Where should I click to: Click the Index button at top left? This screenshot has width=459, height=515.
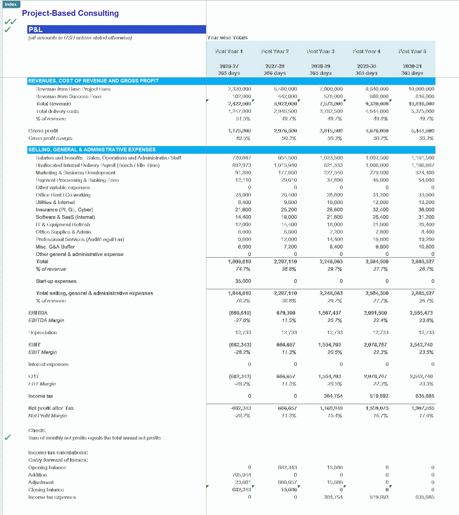click(11, 4)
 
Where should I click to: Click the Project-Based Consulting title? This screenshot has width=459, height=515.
click(70, 13)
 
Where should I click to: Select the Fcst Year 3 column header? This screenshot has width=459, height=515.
click(320, 51)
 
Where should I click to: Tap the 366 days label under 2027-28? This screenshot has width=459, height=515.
click(275, 73)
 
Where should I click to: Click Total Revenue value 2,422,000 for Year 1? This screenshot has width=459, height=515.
click(239, 104)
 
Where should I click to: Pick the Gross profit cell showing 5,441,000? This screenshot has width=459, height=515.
click(422, 131)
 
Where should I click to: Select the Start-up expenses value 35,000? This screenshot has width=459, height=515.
click(243, 281)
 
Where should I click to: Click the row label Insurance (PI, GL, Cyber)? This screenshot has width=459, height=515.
click(64, 210)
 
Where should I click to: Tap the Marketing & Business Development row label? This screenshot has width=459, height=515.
click(75, 173)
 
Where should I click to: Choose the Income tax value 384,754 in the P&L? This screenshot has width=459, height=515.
click(333, 396)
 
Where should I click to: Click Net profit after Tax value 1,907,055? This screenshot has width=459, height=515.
click(423, 408)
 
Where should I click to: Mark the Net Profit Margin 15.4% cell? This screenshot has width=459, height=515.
click(335, 415)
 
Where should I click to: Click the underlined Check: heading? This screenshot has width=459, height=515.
click(37, 430)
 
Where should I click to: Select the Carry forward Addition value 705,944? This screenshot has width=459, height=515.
click(242, 475)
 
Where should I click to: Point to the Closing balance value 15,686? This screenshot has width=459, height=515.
click(289, 490)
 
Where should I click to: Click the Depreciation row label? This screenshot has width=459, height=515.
click(42, 332)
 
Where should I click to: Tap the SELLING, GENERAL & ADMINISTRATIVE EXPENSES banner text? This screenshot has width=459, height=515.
click(92, 150)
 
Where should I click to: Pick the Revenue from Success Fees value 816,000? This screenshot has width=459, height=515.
click(424, 96)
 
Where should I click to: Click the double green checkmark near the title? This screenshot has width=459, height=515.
click(11, 21)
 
